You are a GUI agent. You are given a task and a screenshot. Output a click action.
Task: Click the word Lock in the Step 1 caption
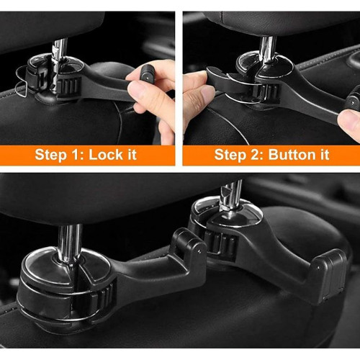[x=106, y=155]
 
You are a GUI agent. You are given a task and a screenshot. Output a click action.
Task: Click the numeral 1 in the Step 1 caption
[x=78, y=155]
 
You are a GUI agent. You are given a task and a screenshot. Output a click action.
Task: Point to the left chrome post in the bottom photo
[x=70, y=243]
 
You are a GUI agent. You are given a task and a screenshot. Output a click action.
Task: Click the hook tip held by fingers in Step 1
[x=146, y=73]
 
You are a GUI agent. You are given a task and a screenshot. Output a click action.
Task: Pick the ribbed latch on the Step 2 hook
[x=266, y=92]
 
